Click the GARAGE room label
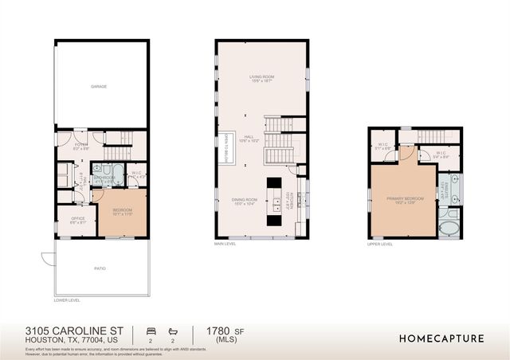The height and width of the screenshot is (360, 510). click(x=99, y=86)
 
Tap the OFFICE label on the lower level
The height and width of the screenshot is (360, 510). click(x=78, y=220)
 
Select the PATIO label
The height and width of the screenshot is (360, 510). click(x=100, y=268)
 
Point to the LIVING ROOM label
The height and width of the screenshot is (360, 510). click(x=261, y=78)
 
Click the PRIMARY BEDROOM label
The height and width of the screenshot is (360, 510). click(x=402, y=200)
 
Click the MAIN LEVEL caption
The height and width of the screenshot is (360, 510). click(x=226, y=244)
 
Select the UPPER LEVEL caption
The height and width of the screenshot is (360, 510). click(x=380, y=244)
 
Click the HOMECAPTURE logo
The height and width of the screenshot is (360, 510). click(x=441, y=338)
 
